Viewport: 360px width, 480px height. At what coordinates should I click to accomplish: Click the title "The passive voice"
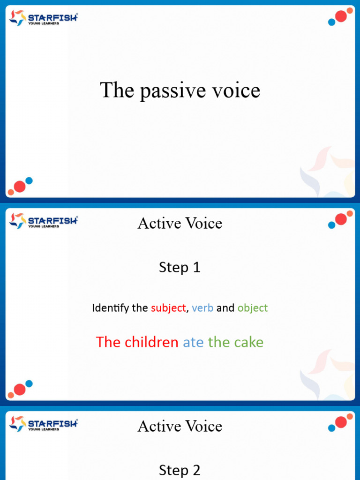[x=180, y=90]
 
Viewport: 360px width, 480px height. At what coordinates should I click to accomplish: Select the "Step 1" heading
[x=180, y=267]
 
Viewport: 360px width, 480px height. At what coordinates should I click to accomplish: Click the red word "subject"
[x=168, y=308]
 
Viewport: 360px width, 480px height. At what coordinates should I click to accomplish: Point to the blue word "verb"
[x=202, y=308]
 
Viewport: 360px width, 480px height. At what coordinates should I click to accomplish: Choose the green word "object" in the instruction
[x=253, y=308]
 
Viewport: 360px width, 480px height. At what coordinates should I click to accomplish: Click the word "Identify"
[x=107, y=308]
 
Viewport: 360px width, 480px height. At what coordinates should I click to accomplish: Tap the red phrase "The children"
[x=137, y=342]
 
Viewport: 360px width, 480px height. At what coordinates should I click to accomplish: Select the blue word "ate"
[x=193, y=342]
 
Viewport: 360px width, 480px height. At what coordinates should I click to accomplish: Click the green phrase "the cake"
[x=236, y=342]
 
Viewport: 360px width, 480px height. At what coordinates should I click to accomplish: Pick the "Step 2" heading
[x=180, y=470]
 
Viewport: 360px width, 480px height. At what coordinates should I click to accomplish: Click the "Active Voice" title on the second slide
[x=180, y=223]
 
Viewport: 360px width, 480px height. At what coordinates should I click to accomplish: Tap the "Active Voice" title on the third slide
[x=180, y=426]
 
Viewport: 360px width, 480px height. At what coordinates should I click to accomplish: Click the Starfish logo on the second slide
[x=43, y=221]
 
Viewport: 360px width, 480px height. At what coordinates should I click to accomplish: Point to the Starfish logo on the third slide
[x=43, y=424]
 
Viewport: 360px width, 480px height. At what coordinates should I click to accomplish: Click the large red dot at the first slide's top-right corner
[x=341, y=17]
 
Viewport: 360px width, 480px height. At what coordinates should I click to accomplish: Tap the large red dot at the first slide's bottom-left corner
[x=20, y=187]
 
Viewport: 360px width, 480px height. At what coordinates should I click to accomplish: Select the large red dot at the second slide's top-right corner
[x=341, y=219]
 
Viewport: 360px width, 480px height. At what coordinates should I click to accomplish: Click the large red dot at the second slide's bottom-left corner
[x=20, y=389]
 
